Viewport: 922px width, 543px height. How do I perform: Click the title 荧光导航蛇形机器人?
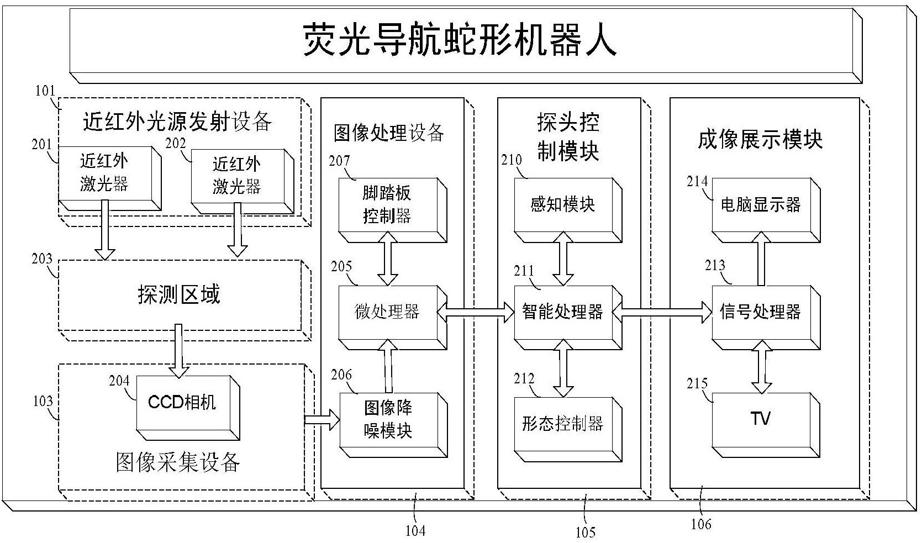tap(460, 40)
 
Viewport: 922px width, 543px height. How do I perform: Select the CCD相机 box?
tap(182, 403)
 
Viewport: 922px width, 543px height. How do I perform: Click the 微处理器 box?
tap(387, 312)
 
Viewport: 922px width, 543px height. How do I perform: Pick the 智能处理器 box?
tap(562, 312)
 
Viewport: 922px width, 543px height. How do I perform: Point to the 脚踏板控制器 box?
tap(387, 205)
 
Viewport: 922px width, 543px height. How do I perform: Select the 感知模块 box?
tap(562, 205)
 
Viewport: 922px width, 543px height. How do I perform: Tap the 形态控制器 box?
tap(562, 424)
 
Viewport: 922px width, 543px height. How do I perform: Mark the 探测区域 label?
tap(178, 294)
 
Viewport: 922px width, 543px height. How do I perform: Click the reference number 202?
tap(176, 144)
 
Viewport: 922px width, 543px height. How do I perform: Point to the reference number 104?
tap(415, 531)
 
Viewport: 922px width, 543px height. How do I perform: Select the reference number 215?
tap(697, 383)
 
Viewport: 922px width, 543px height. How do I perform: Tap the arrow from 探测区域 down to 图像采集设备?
tap(178, 349)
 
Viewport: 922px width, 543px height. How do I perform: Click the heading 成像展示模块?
tap(760, 139)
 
